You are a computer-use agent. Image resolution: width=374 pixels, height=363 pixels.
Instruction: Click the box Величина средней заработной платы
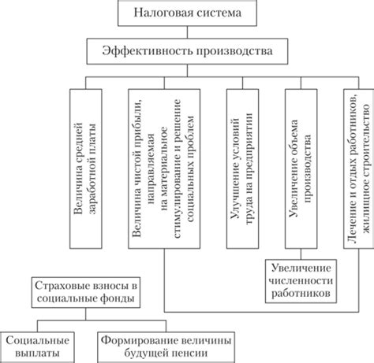coord(86,169)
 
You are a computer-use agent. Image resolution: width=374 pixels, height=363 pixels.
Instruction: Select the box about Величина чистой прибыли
coord(164,169)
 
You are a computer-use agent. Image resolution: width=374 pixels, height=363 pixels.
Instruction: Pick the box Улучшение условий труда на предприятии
coord(242,169)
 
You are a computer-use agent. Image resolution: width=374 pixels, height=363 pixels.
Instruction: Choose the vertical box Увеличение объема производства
coord(301,169)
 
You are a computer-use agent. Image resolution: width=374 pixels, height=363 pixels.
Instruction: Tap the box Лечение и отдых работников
coord(359,169)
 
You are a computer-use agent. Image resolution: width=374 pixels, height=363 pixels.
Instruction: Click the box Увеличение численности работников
coord(301,281)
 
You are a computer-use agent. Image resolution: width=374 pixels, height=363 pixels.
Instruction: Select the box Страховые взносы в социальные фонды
coord(86,292)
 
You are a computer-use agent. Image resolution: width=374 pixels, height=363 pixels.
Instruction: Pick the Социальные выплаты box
coord(37,347)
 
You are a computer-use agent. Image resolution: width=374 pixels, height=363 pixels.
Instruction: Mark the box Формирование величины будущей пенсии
coord(166,347)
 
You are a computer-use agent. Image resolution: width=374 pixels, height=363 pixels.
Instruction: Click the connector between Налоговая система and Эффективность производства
coord(187,32)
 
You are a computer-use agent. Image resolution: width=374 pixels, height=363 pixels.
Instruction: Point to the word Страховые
coord(58,286)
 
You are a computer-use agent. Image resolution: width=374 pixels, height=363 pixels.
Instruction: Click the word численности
coord(301,281)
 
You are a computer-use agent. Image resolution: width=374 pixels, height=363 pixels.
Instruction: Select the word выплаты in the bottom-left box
coord(37,354)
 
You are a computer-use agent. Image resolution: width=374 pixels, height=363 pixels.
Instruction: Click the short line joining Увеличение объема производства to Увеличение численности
coord(301,254)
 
